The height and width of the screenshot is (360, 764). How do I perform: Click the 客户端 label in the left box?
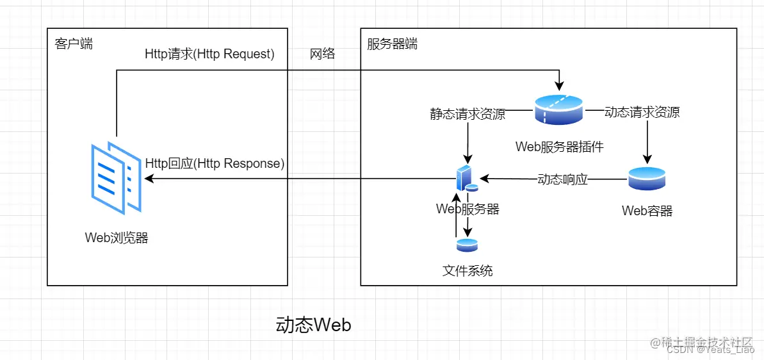[74, 44]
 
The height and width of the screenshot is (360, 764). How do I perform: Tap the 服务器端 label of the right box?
[392, 44]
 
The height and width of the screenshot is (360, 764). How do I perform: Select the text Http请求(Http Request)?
[209, 54]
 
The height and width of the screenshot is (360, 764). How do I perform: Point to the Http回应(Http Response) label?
[215, 163]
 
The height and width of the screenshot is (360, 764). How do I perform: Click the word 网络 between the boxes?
[322, 54]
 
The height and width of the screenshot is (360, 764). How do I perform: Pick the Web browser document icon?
[116, 176]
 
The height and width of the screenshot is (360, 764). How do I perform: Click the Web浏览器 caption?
[117, 238]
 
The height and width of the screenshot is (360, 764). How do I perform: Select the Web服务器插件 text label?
[559, 147]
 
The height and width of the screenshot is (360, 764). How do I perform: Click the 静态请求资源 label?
[467, 114]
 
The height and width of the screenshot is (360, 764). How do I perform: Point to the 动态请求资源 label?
[642, 113]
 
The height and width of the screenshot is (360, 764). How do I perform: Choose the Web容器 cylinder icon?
[647, 179]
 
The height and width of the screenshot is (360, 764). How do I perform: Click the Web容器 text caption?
[647, 211]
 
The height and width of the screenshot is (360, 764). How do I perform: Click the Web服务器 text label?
[467, 209]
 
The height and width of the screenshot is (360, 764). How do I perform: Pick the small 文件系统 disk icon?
[467, 245]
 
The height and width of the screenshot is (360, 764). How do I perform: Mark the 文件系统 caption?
[467, 270]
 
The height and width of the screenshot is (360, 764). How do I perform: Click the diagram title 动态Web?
[313, 325]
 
